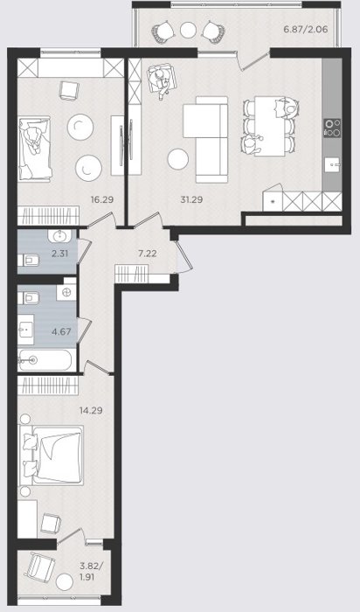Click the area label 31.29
click(191, 200)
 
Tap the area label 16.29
click(102, 200)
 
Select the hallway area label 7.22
click(148, 254)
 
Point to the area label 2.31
click(60, 254)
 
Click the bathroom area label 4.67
click(62, 331)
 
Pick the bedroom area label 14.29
click(91, 410)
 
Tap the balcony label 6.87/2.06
click(306, 29)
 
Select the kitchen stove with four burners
click(332, 128)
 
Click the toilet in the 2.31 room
click(28, 259)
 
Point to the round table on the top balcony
click(189, 29)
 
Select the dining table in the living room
click(270, 126)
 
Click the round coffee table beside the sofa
click(178, 159)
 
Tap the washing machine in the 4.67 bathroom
click(66, 292)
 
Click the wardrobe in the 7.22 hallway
click(132, 273)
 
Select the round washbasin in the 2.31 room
click(59, 237)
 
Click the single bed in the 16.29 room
click(35, 149)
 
